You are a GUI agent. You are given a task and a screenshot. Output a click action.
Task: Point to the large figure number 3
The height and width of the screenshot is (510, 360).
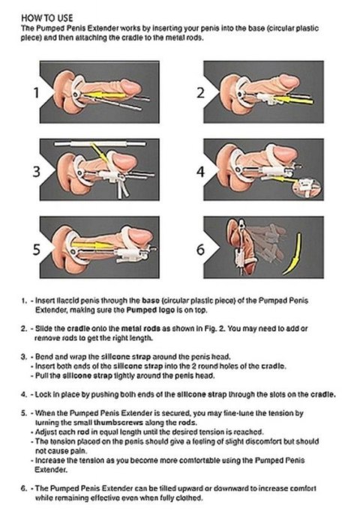coord(35,172)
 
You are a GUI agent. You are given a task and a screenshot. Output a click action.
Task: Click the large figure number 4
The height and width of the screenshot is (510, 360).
coord(200,172)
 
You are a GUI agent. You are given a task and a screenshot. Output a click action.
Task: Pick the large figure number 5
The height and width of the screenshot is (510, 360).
coord(35,248)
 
